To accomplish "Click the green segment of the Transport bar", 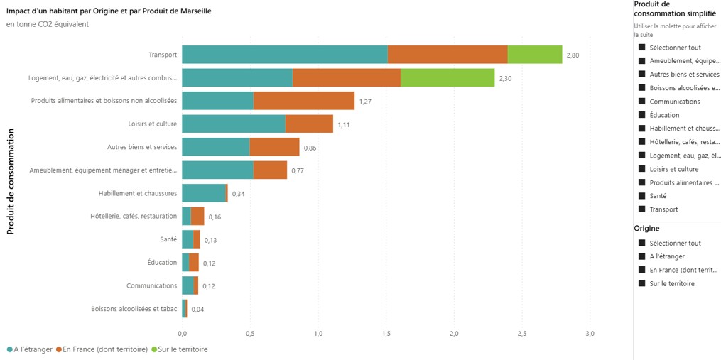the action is pos(535,54).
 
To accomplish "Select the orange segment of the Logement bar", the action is pos(347,77).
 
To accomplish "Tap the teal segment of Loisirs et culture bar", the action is pos(234,124).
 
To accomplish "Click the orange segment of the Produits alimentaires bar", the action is pos(304,101).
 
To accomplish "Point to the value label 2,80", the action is pos(573,55).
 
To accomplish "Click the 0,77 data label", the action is pos(298,170).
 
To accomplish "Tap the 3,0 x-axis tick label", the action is pos(590,333).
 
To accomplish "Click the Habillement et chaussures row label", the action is pos(138,193).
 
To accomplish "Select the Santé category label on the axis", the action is pos(168,239).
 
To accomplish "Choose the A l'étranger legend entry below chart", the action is pos(30,350).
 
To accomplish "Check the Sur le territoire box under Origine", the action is pos(642,284).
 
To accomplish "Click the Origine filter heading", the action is pos(647,228).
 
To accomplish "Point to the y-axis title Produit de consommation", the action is pos(11,181).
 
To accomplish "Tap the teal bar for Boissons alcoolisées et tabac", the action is pos(183,308).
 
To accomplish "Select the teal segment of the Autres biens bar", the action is pos(216,147).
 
